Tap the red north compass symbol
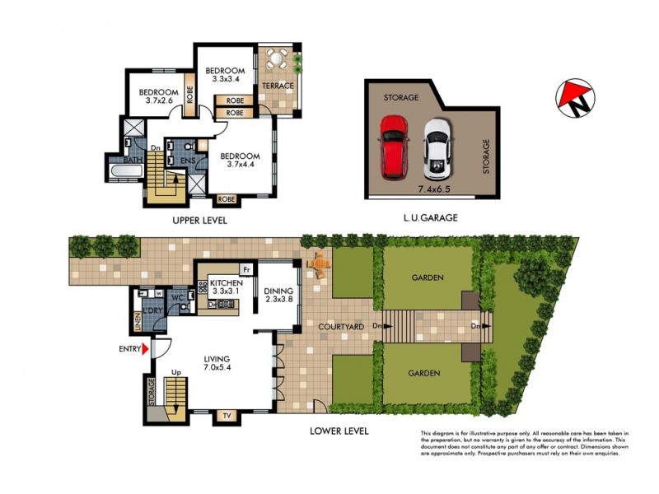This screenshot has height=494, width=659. click(574, 97)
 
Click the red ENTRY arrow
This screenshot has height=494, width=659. click(147, 350)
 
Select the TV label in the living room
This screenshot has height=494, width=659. click(225, 415)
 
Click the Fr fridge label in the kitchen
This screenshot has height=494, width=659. click(245, 269)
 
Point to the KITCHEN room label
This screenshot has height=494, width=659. click(225, 282)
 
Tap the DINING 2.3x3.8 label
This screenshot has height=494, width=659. click(278, 295)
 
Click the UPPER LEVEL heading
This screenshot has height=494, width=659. click(199, 221)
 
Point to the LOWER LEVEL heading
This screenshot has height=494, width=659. click(339, 431)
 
